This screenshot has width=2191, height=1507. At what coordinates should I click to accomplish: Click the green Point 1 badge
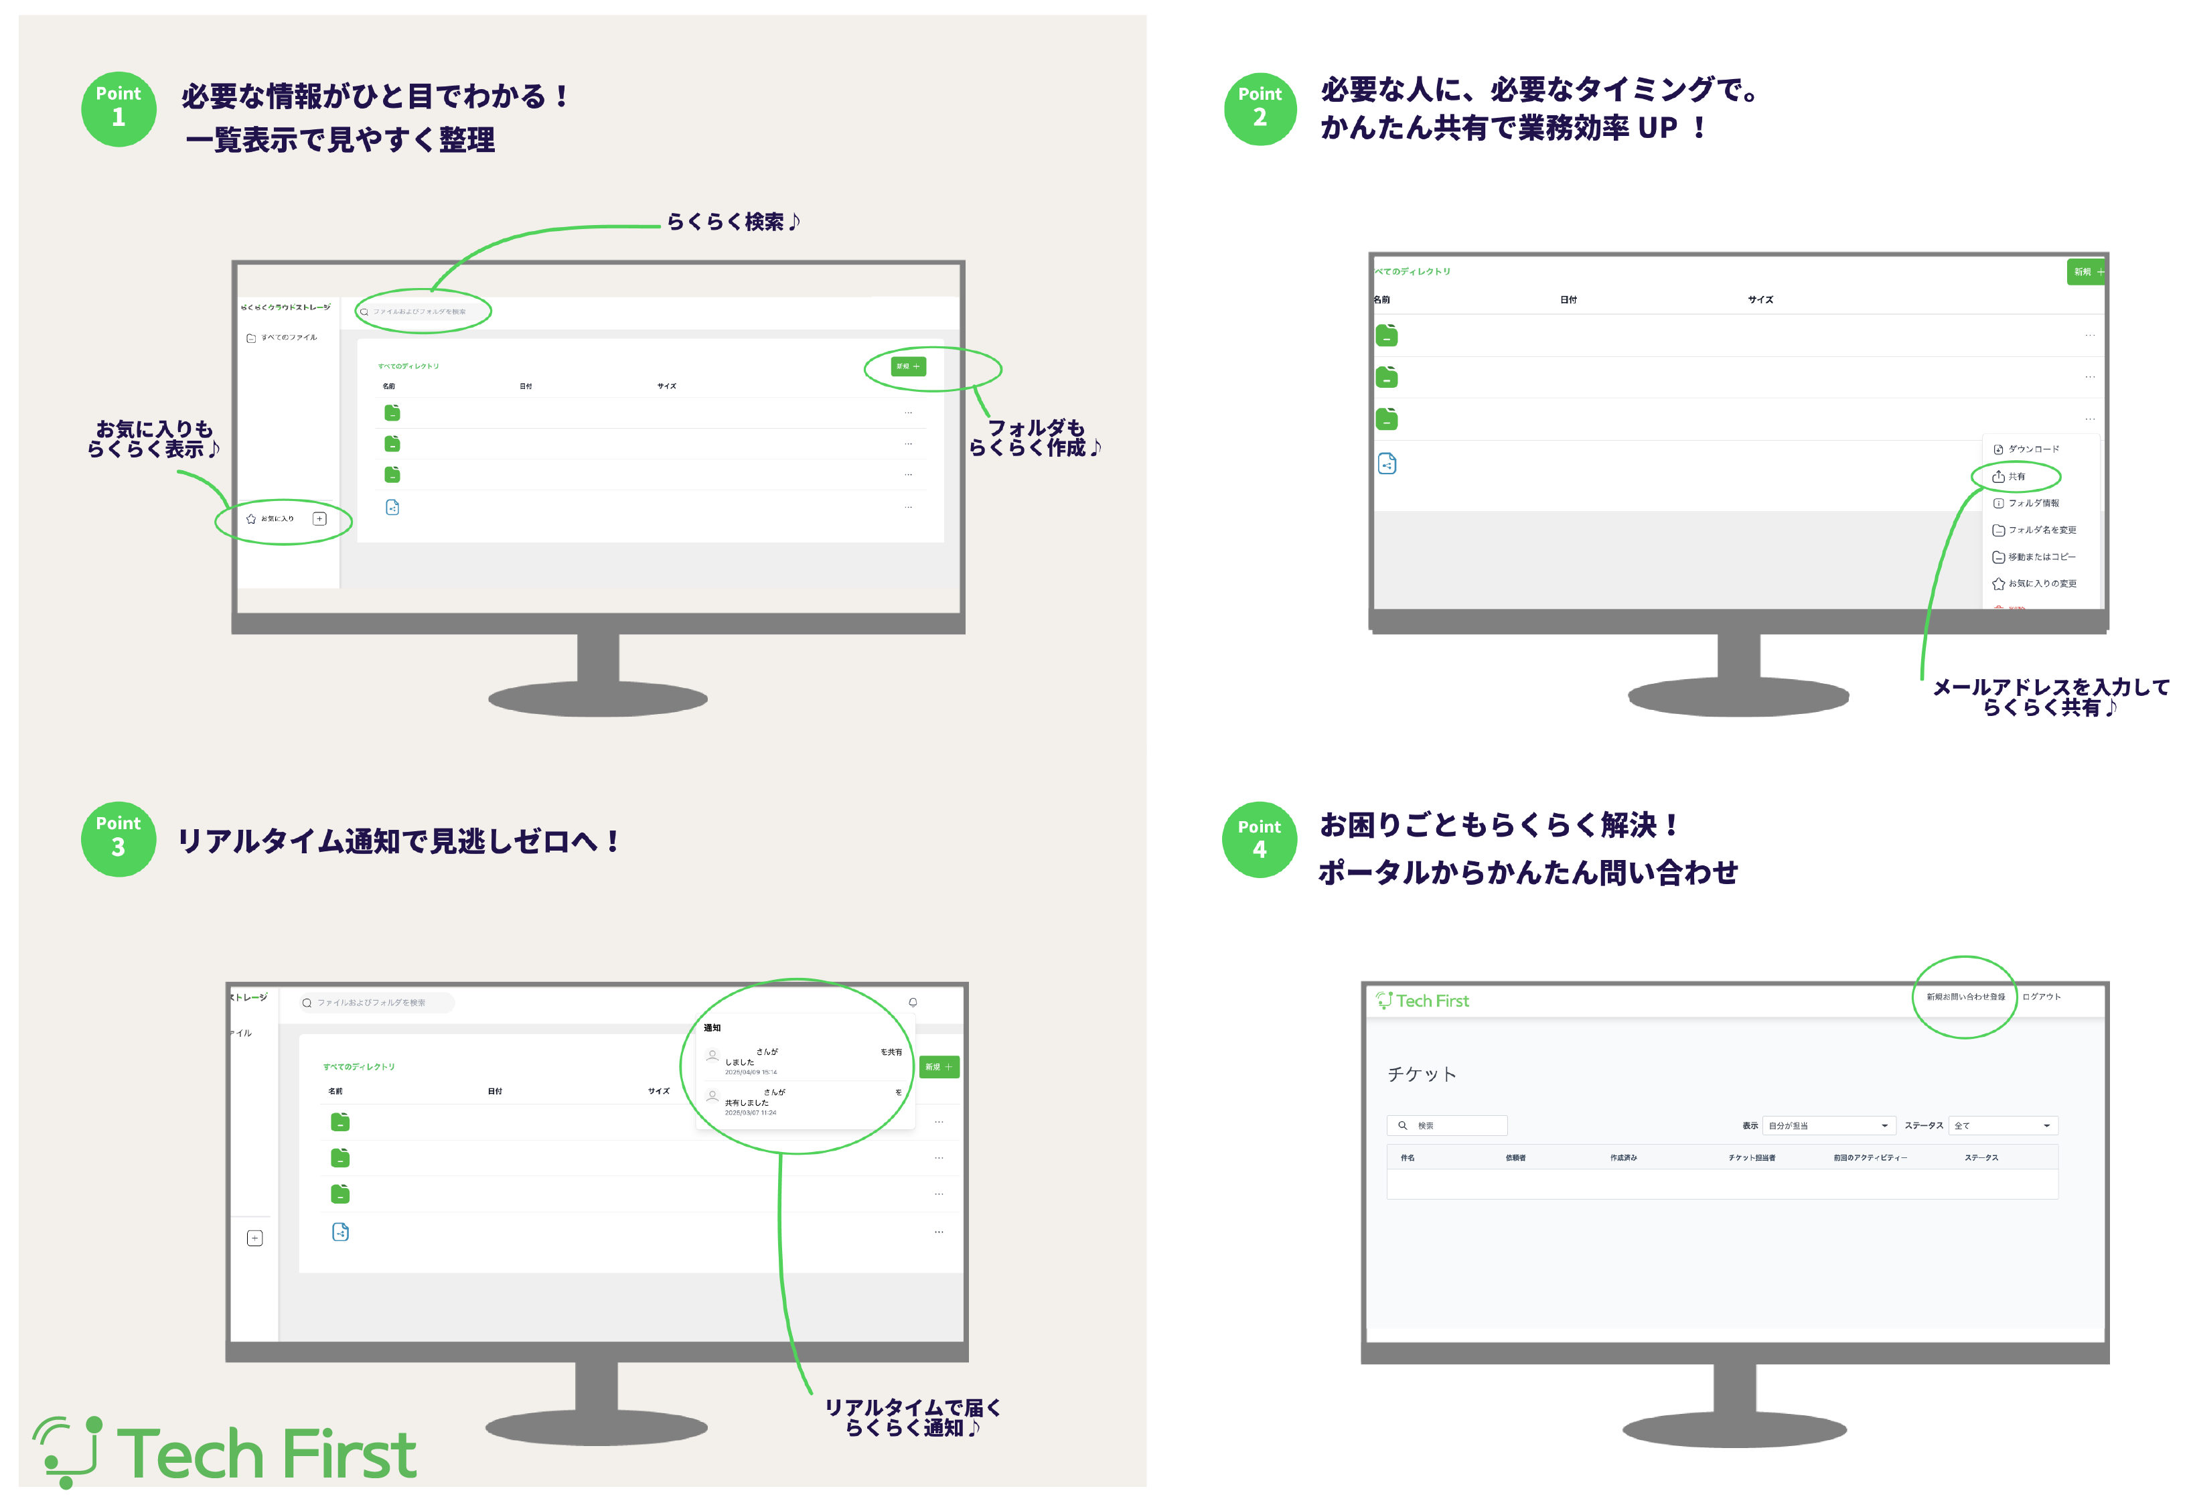(118, 109)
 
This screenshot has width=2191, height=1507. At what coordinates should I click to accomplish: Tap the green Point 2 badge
(1260, 109)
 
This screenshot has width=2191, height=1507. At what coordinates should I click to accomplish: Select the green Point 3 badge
(118, 839)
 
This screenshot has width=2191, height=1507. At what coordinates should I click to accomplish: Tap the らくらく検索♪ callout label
(733, 222)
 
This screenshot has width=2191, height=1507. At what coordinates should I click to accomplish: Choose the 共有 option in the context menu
(2014, 477)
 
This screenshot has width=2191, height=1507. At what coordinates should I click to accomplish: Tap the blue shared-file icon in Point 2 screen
(1387, 463)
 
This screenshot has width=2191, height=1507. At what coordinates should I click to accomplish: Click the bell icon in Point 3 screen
(913, 1002)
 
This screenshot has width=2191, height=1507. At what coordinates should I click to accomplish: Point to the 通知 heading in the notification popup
(712, 1027)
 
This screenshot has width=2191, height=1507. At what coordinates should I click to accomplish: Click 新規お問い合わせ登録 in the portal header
(1965, 997)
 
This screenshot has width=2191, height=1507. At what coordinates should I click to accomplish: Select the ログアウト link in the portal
(2041, 997)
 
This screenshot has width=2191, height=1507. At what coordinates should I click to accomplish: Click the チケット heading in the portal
(1422, 1074)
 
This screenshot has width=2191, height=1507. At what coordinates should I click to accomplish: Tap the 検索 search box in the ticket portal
(1447, 1125)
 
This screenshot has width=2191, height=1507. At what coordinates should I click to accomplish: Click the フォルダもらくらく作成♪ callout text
(1035, 438)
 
